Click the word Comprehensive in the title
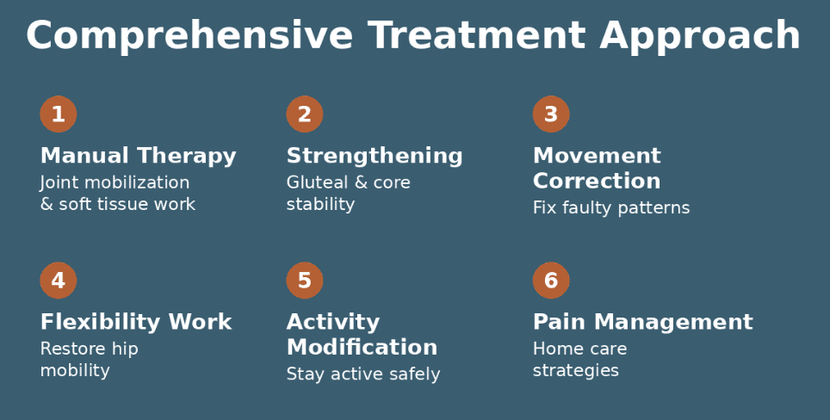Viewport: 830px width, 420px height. pos(189,36)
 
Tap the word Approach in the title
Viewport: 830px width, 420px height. pos(700,36)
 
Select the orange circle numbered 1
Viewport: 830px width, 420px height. pos(59,114)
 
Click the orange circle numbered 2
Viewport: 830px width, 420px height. pos(305,114)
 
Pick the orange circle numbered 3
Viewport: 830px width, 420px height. pos(551,114)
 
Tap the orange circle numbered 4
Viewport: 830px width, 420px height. pos(59,281)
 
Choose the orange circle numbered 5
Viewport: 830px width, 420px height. pos(305,281)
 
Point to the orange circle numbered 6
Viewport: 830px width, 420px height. pos(551,281)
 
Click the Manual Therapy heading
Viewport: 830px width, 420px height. pos(138,156)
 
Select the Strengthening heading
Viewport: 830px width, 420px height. pos(375,156)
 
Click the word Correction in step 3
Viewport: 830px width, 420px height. pos(597,181)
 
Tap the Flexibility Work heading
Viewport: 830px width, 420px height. pos(136,322)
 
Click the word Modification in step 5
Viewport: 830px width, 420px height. pos(362,347)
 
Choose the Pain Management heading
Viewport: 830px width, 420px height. pos(642,322)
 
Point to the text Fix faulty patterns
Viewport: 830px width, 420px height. pos(611,207)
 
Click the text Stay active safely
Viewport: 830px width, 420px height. pos(362,374)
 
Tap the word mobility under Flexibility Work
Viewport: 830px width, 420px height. pos(75,371)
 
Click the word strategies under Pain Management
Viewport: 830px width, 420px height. pos(575,371)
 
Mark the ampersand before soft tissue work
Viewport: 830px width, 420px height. pos(46,205)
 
